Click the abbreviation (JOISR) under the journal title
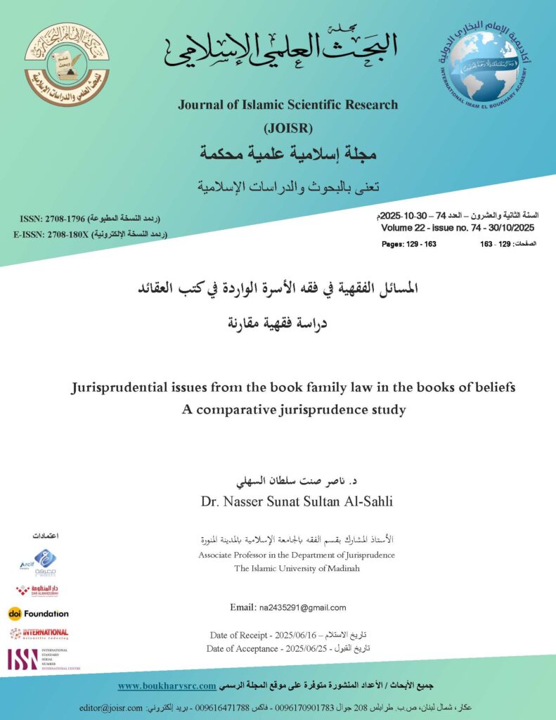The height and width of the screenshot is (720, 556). point(287,128)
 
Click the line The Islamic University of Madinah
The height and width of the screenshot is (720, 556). point(297,567)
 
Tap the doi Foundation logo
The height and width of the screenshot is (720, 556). point(39,613)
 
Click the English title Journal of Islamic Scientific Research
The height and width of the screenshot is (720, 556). point(287,105)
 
